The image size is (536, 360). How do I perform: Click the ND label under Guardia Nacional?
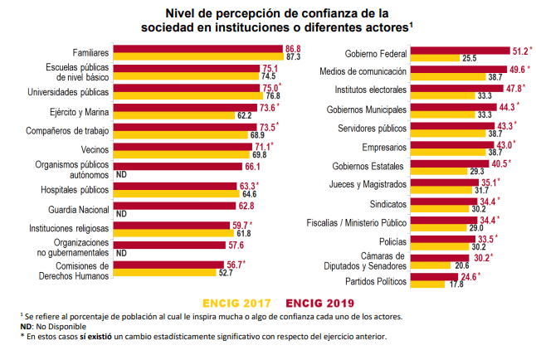pos(121,214)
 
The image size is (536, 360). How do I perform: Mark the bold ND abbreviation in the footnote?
pos(25,326)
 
